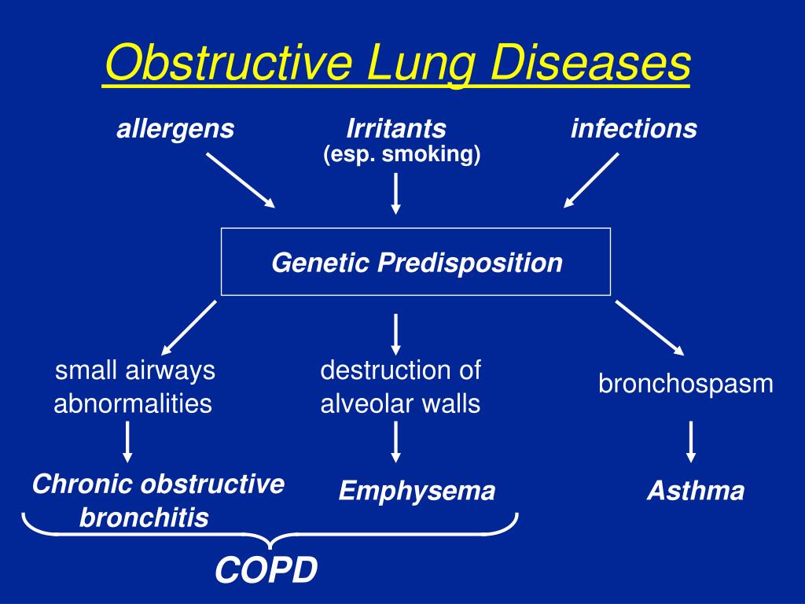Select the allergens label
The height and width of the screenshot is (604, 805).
click(175, 129)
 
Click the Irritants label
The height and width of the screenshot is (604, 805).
click(396, 129)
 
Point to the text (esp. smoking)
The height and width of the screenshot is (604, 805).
click(401, 155)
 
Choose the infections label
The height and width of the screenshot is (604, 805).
click(634, 129)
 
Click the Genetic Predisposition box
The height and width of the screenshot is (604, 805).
click(416, 262)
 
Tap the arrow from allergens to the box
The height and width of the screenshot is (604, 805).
click(241, 180)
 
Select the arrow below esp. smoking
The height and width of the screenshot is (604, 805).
click(396, 193)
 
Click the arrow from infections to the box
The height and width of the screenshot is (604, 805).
click(591, 180)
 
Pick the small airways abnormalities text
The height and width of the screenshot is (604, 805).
click(134, 387)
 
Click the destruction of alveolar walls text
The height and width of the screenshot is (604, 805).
click(400, 387)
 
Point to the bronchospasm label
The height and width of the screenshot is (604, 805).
click(686, 384)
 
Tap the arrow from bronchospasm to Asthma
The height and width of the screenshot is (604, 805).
click(691, 441)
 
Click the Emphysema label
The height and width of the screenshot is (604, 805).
click(417, 492)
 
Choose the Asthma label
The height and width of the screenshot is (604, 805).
click(695, 492)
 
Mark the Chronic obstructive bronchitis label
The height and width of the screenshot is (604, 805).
click(157, 501)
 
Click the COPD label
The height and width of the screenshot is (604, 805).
click(266, 571)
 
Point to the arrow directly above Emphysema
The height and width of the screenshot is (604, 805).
click(396, 441)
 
